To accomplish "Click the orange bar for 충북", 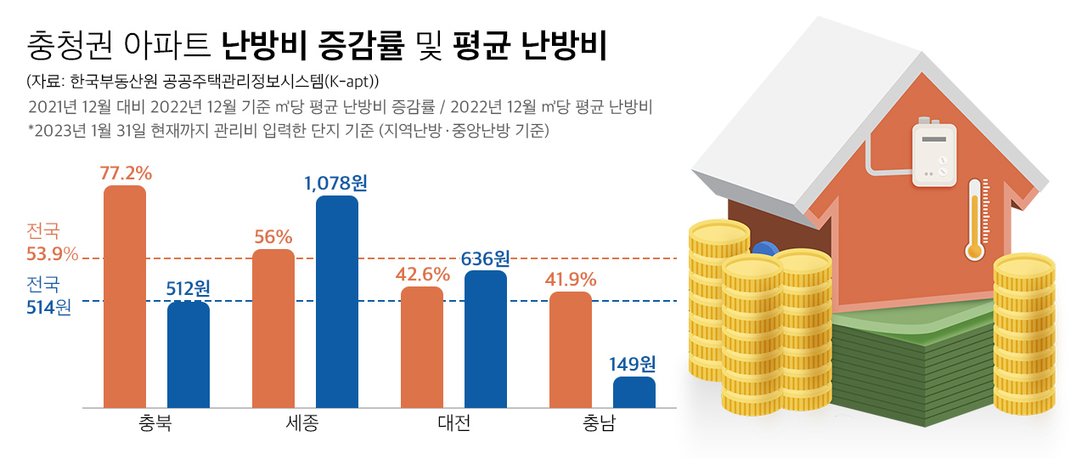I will tap(125, 297).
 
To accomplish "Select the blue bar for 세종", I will tap(337, 302).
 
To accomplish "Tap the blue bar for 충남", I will tap(634, 393).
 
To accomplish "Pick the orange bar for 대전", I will tap(422, 347).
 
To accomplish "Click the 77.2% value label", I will tap(126, 173).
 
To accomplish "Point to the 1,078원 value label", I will tap(336, 183).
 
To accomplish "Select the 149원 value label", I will tap(634, 365).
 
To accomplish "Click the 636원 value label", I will tap(486, 258).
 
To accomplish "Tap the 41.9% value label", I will tap(571, 279).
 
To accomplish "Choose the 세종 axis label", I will tap(303, 423).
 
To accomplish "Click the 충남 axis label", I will tap(600, 423).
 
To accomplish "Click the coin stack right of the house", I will tap(1024, 336).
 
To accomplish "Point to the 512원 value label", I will tap(189, 289).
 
